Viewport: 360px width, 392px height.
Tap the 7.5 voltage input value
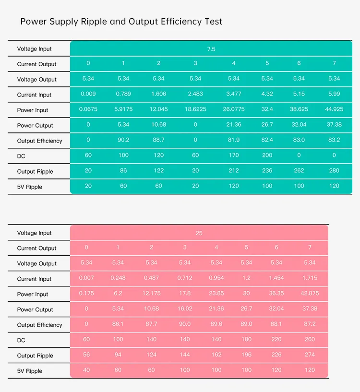pyautogui.click(x=211, y=48)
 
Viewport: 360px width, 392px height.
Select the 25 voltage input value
pyautogui.click(x=199, y=233)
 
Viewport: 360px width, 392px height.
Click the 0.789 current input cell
pyautogui.click(x=123, y=94)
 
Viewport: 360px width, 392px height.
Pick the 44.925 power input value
pyautogui.click(x=334, y=109)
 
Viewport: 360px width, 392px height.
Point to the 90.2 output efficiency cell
pyautogui.click(x=123, y=140)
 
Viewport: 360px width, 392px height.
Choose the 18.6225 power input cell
pyautogui.click(x=195, y=109)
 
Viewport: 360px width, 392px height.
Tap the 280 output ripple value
pyautogui.click(x=334, y=170)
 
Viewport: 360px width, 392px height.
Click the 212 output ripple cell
pyautogui.click(x=234, y=170)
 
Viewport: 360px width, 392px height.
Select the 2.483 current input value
pyautogui.click(x=195, y=94)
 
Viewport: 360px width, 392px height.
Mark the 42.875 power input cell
pyautogui.click(x=310, y=293)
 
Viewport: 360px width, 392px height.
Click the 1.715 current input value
pyautogui.click(x=310, y=278)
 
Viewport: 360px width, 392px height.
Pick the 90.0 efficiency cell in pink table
pyautogui.click(x=185, y=324)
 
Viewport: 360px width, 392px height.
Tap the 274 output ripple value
pyautogui.click(x=310, y=355)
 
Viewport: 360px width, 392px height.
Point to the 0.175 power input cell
pyautogui.click(x=86, y=293)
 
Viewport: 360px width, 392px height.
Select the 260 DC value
pyautogui.click(x=310, y=339)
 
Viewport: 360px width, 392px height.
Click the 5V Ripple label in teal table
pyautogui.click(x=30, y=187)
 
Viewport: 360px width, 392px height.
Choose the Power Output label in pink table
pyautogui.click(x=35, y=309)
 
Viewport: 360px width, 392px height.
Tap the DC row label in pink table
pyautogui.click(x=21, y=340)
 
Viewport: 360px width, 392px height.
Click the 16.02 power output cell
pyautogui.click(x=185, y=309)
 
